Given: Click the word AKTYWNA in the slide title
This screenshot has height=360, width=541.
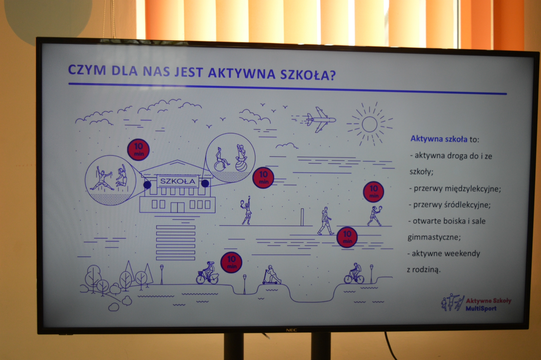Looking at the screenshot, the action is pyautogui.click(x=242, y=73).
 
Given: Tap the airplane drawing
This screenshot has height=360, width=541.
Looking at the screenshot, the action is pyautogui.click(x=313, y=120).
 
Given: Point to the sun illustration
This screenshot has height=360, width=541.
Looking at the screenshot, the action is pyautogui.click(x=369, y=124).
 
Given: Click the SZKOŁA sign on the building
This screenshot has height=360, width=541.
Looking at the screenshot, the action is pyautogui.click(x=178, y=181).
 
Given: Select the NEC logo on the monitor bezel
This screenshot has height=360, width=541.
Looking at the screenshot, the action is pyautogui.click(x=291, y=330).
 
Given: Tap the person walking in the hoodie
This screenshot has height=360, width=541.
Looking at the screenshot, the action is pyautogui.click(x=325, y=221).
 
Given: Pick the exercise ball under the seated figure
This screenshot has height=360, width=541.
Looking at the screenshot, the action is pyautogui.click(x=241, y=166).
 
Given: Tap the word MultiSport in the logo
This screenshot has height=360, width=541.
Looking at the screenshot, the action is pyautogui.click(x=481, y=309).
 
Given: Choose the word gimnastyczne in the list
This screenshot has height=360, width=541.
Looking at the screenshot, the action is pyautogui.click(x=434, y=237).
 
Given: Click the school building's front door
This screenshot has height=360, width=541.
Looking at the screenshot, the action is pyautogui.click(x=178, y=208).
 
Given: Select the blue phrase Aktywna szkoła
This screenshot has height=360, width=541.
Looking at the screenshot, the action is pyautogui.click(x=439, y=139).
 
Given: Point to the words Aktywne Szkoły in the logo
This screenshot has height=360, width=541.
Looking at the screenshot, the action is pyautogui.click(x=489, y=301).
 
